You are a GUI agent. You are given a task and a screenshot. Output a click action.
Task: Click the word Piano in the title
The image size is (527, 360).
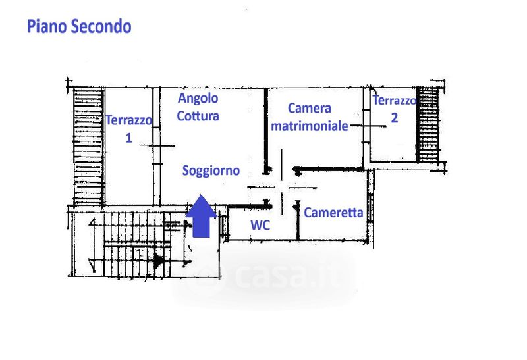pyautogui.click(x=47, y=26)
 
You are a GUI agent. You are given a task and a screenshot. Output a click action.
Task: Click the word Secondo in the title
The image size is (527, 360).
pyautogui.click(x=101, y=26)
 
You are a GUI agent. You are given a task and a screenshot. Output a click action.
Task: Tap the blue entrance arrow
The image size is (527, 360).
pyautogui.click(x=202, y=216)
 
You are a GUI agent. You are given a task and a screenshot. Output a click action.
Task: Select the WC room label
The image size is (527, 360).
pyautogui.click(x=260, y=225)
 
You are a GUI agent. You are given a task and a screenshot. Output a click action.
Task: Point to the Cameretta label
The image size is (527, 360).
pyautogui.click(x=333, y=213)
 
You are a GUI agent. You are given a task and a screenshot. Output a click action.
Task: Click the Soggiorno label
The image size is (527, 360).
pyautogui.click(x=211, y=171)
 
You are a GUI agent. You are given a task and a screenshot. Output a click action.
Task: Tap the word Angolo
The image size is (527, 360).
pyautogui.click(x=198, y=99)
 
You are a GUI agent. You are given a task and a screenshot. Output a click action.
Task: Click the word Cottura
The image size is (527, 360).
pyautogui.click(x=198, y=116)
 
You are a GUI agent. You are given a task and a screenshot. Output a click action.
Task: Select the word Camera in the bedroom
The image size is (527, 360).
pyautogui.click(x=310, y=108)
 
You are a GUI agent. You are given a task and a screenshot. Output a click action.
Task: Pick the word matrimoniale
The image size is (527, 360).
pyautogui.click(x=309, y=126)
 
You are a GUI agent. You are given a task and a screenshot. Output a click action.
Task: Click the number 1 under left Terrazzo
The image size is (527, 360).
pyautogui.click(x=128, y=138)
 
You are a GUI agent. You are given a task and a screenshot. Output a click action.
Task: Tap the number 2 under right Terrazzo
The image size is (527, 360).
pyautogui.click(x=394, y=118)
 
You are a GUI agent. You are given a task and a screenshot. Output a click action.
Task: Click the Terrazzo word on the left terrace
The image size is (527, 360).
pyautogui.click(x=128, y=120)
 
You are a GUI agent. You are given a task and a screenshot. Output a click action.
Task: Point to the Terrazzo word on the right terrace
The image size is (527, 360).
pyautogui.click(x=394, y=100)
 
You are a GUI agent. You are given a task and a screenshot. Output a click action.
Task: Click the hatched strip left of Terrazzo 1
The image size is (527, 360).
pyautogui.click(x=88, y=146)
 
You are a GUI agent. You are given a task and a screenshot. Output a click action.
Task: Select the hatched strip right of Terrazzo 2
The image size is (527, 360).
pyautogui.click(x=428, y=124)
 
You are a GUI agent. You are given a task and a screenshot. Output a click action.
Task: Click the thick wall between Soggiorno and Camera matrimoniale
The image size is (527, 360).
pyautogui.click(x=266, y=132)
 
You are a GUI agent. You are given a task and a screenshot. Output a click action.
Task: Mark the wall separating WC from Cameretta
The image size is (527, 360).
pyautogui.click(x=298, y=220)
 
